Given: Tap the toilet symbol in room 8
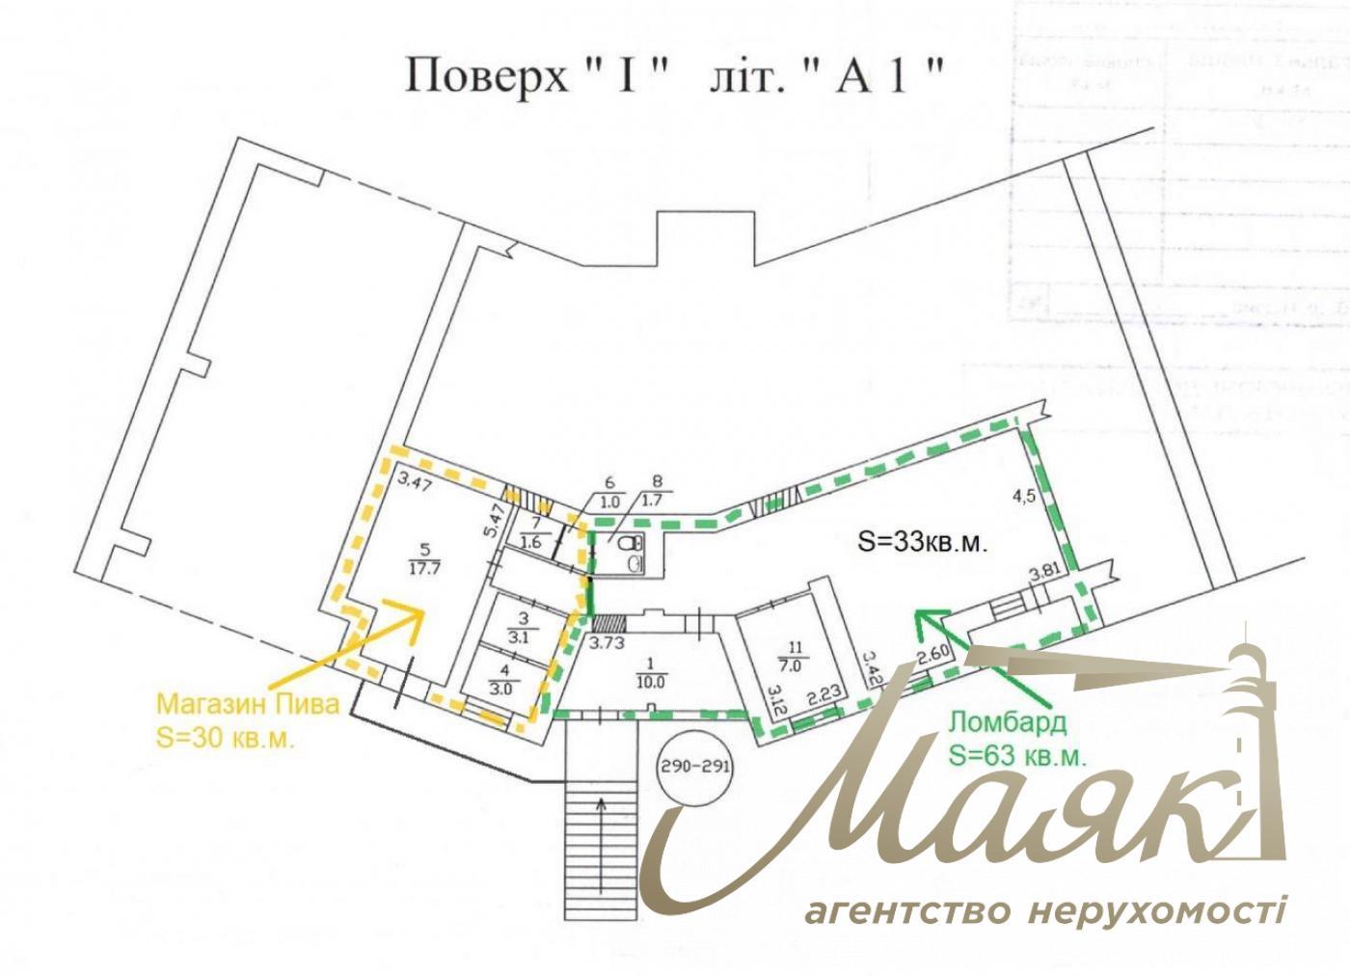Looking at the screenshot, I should (x=632, y=555).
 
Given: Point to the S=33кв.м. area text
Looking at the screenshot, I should (x=923, y=542).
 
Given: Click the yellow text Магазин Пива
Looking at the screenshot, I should (x=249, y=703).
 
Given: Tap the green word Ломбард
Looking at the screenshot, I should (x=995, y=722).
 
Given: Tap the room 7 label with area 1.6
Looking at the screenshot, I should (x=530, y=535).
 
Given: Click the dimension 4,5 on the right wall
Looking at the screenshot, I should (x=1023, y=498).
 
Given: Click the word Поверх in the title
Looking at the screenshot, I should (x=488, y=75).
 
